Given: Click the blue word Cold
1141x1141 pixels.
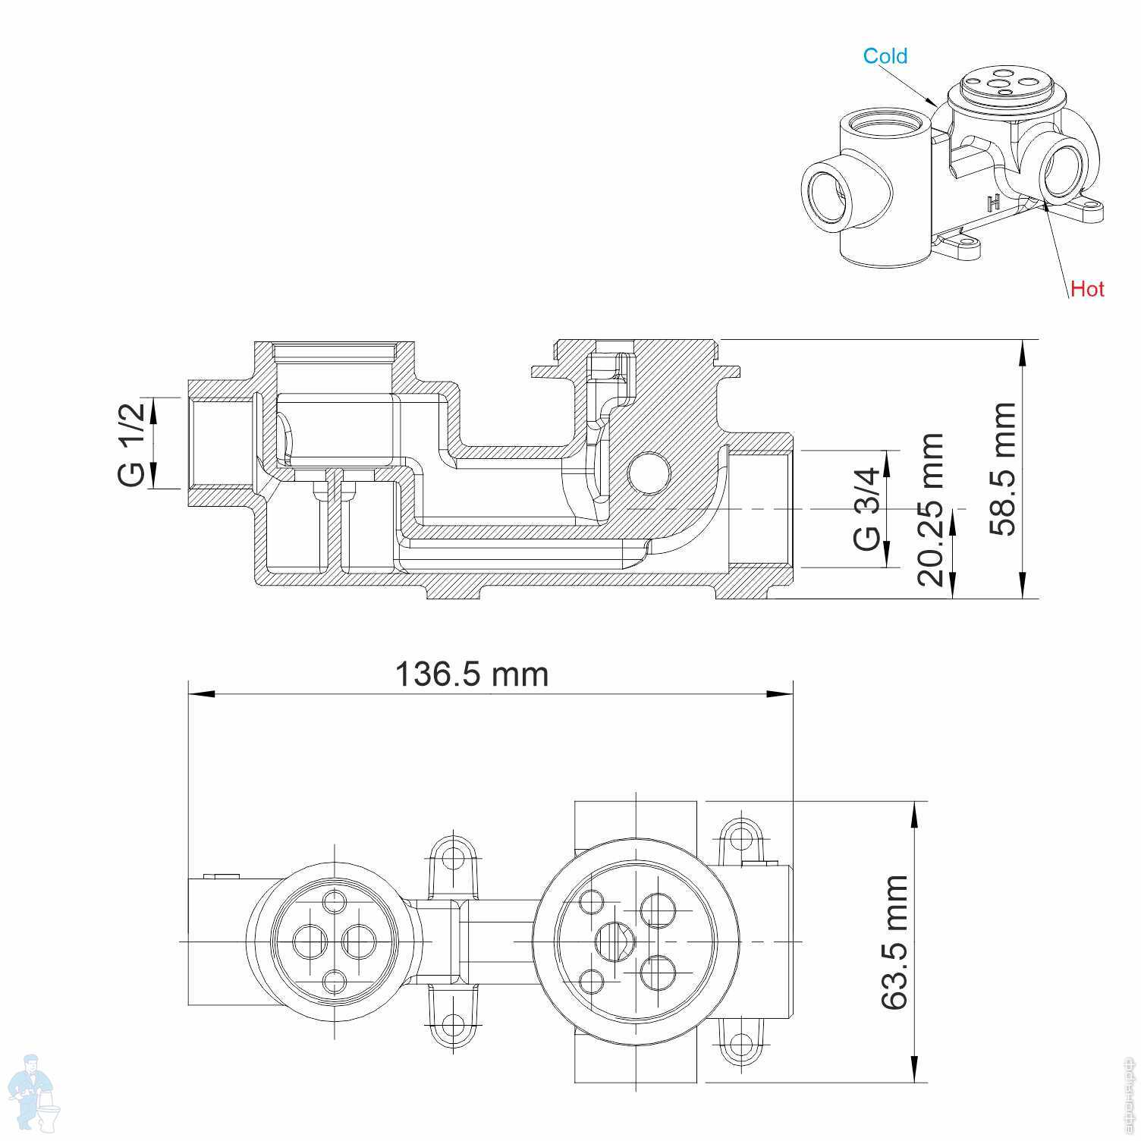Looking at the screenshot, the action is tap(885, 56).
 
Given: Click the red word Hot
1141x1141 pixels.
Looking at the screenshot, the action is tap(1087, 289).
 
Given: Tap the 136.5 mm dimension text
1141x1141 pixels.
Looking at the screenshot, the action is tap(471, 674).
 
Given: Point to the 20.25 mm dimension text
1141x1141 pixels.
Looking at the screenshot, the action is tap(930, 510).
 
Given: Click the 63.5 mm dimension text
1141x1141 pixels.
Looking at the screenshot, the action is tap(894, 941).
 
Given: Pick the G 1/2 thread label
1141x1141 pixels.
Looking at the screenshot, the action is tap(130, 445).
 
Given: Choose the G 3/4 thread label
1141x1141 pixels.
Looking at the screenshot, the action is tap(867, 508).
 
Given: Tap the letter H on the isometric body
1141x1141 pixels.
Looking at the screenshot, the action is tap(993, 203).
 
